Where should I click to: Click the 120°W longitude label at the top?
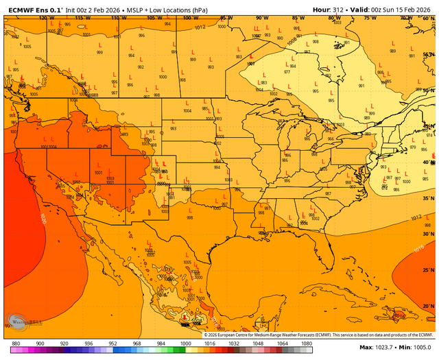pos(47,18)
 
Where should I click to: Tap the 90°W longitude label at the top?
pos(261,18)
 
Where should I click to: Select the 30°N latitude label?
pos(429,235)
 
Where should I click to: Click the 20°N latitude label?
pos(429,305)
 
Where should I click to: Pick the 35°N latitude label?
pos(429,199)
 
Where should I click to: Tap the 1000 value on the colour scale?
pos(185,343)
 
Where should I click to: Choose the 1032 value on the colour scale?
pos(233,343)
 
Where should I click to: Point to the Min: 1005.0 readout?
pos(415,348)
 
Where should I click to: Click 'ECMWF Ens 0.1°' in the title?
pos(33,9)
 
